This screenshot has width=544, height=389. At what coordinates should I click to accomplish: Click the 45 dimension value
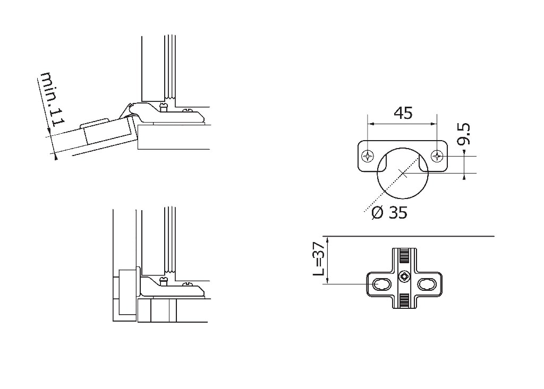point(403,113)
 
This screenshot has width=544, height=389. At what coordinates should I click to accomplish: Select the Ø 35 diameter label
point(389,212)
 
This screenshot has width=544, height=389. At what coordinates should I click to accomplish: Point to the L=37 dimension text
point(319,258)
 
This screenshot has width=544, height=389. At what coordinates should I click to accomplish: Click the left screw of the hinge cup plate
point(368,156)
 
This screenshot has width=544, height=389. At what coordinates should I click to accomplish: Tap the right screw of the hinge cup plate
point(437,156)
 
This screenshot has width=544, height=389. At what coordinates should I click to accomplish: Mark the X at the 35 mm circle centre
point(403,172)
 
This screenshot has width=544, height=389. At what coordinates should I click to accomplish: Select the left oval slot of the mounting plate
point(381,284)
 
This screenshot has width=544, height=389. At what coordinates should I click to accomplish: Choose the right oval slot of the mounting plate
point(426,284)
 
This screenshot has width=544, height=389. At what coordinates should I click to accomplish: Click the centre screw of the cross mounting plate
point(404,276)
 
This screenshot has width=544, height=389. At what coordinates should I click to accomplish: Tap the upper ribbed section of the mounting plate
point(404,256)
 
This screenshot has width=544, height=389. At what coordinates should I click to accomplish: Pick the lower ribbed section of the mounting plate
point(404,300)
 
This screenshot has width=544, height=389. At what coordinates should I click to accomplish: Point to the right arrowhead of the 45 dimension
point(433,124)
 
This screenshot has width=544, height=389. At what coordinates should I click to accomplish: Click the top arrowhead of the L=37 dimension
point(327,239)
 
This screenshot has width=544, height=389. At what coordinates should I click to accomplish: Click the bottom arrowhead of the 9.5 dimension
point(464,176)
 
